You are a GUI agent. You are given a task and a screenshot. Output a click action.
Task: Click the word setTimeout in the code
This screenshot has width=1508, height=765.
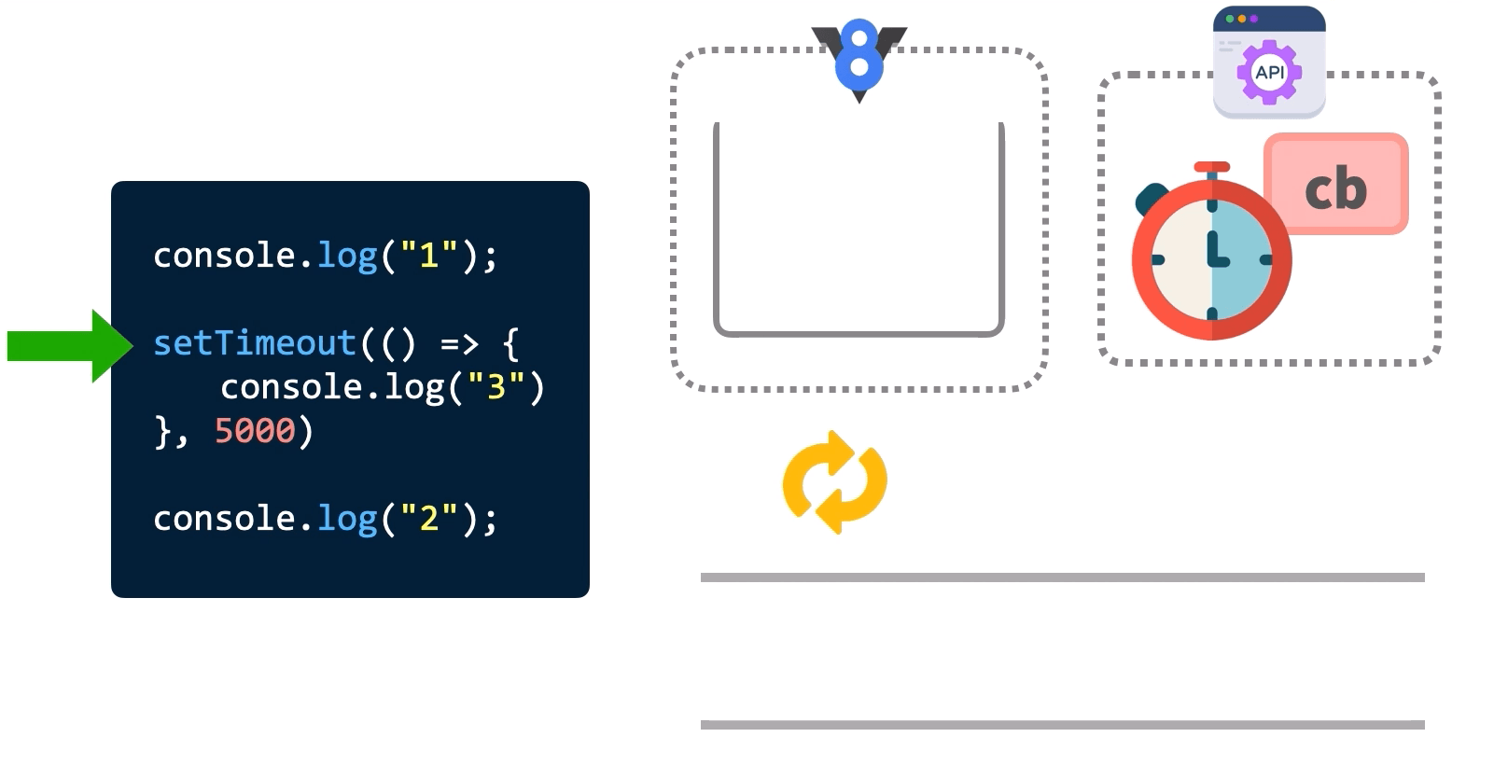pos(254,343)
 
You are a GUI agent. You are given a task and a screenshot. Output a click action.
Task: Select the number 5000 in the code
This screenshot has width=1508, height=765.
pos(254,431)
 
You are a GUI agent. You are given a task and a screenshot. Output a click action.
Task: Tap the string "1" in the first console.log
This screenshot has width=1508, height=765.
pos(428,255)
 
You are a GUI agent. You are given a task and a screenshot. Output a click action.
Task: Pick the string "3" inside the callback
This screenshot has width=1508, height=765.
pos(496,386)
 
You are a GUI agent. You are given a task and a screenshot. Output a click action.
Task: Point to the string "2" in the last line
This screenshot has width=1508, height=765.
pos(428,518)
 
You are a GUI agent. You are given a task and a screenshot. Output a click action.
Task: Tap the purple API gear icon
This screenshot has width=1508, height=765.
pos(1269,72)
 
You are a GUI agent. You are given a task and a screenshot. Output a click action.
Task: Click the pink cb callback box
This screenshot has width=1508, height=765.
pos(1335,185)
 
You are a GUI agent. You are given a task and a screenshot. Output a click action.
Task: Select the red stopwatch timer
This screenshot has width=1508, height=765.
pos(1211,259)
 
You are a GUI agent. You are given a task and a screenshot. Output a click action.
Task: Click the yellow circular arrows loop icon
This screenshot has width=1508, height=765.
pos(834,482)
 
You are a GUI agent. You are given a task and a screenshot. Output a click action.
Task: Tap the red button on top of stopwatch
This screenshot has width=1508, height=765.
pos(1211,168)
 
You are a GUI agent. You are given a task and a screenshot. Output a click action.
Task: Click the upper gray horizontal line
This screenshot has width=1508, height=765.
pos(1062,577)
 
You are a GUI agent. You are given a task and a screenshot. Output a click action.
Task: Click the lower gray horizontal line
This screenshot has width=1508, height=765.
pos(1062,725)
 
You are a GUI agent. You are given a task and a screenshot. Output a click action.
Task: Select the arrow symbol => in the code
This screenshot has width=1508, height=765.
pos(459,344)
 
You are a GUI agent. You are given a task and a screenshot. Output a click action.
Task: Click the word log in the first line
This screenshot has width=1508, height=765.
pos(346,255)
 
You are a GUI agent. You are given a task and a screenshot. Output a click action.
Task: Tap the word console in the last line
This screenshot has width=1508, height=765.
pos(224,518)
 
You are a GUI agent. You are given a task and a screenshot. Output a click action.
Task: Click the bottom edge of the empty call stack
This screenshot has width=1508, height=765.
pos(859,332)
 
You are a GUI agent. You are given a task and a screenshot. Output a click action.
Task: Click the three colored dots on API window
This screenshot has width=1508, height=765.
pos(1241,19)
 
